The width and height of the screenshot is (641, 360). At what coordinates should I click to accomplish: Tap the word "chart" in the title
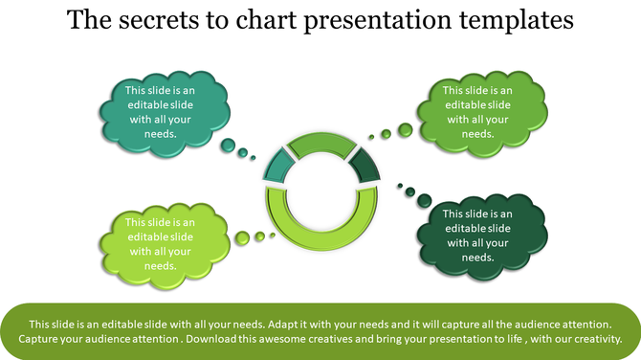[261, 19]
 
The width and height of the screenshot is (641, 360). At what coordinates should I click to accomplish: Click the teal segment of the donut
[277, 167]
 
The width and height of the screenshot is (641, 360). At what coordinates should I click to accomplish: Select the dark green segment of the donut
[364, 167]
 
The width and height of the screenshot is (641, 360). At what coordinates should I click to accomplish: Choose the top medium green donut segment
[320, 145]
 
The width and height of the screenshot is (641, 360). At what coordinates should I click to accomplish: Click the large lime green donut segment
[320, 230]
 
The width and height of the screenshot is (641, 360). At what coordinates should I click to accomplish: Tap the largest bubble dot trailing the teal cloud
[228, 146]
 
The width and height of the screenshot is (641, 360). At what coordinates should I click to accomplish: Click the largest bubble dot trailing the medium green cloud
[406, 129]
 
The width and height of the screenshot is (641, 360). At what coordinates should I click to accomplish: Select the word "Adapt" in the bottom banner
[289, 325]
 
